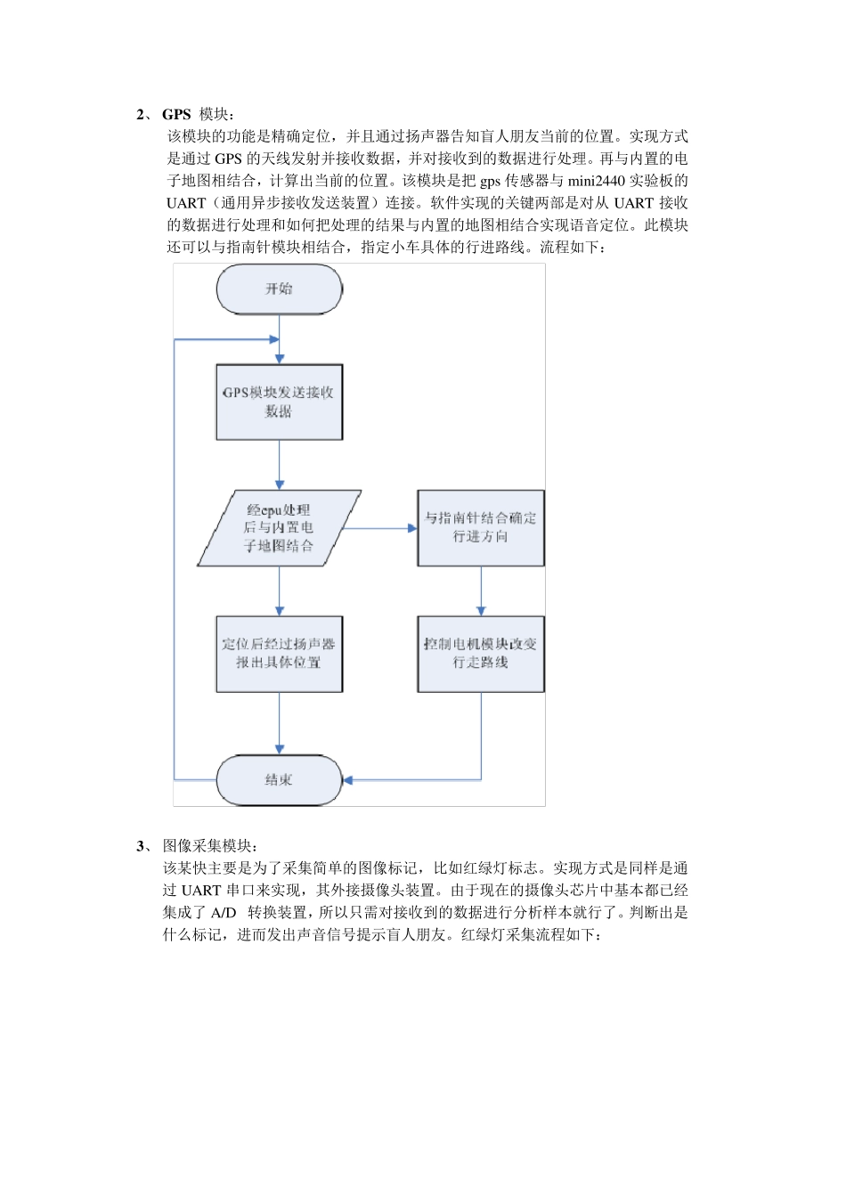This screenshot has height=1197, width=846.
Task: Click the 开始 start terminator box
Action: [x=279, y=289]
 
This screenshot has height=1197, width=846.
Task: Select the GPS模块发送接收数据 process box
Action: [x=279, y=402]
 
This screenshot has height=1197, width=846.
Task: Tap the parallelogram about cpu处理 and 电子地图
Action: [x=279, y=528]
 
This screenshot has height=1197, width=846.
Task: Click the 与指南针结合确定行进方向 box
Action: [x=481, y=528]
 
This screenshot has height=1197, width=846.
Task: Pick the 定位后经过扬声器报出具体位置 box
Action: [x=279, y=655]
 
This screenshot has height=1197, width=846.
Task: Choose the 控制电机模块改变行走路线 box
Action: [x=481, y=655]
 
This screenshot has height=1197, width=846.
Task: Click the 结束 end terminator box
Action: [x=279, y=780]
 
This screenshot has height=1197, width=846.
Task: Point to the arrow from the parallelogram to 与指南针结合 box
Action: [x=381, y=528]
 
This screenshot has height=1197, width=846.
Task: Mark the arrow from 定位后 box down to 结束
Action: [x=280, y=723]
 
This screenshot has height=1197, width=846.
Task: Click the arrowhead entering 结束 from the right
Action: [x=348, y=780]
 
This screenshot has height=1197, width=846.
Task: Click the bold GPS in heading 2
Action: [x=176, y=114]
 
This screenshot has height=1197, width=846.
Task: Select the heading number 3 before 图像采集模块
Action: [x=140, y=845]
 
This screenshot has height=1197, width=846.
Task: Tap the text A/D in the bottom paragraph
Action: [x=224, y=912]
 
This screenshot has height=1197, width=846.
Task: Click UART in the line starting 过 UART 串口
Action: [x=201, y=890]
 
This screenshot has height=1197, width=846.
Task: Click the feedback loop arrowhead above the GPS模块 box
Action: [x=273, y=339]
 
